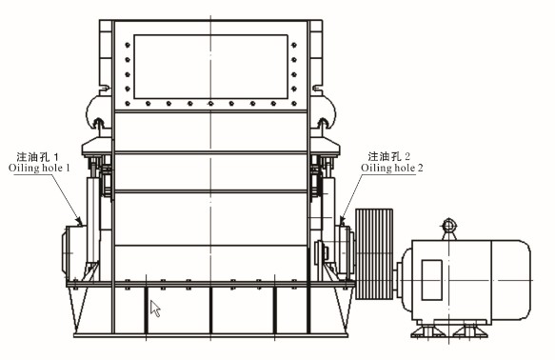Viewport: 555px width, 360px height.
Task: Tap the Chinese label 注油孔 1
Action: point(39,155)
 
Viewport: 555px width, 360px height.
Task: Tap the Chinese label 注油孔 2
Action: point(390,155)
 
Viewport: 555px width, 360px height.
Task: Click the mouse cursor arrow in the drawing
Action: point(155,308)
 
